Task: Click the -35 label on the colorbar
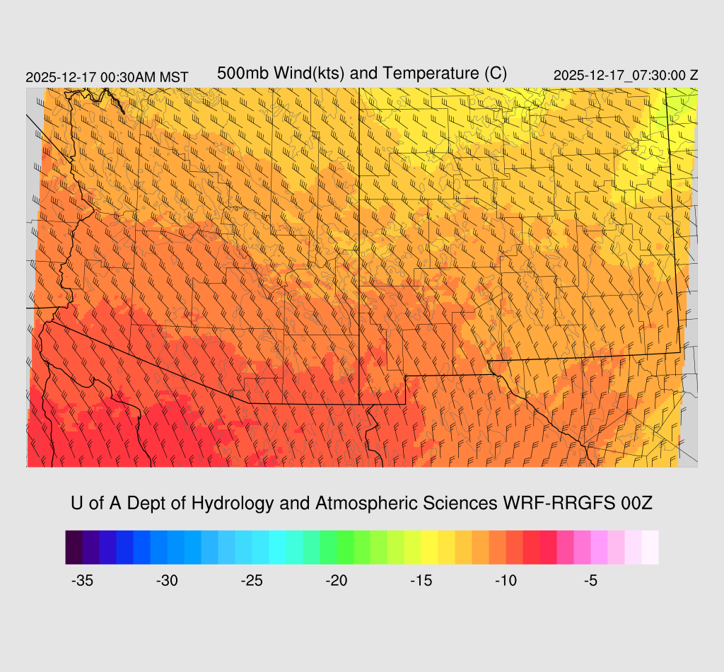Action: click(x=83, y=581)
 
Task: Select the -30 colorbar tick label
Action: click(x=168, y=581)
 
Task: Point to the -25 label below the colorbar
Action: click(x=252, y=581)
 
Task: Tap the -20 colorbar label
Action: click(x=337, y=581)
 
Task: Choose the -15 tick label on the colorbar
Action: click(x=422, y=581)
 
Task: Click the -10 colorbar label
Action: click(x=506, y=581)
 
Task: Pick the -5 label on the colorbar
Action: click(x=592, y=581)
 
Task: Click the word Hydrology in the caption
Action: click(x=238, y=504)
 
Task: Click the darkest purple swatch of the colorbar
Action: click(x=74, y=548)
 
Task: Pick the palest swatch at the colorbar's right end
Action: click(x=650, y=548)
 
